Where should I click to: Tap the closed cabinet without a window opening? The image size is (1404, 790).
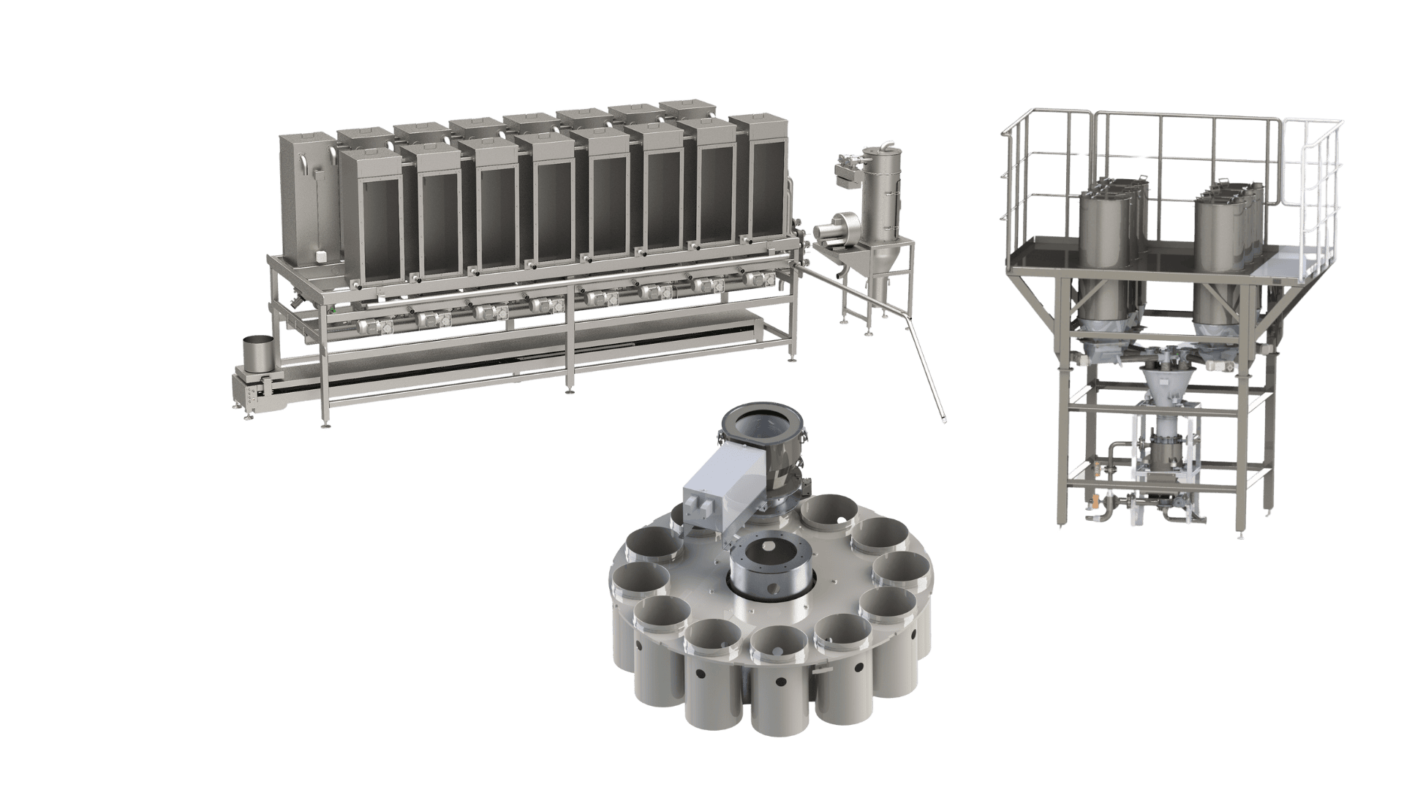[307, 197]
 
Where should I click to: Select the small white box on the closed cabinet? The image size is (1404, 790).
[320, 257]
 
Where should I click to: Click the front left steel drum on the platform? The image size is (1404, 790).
[1104, 241]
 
